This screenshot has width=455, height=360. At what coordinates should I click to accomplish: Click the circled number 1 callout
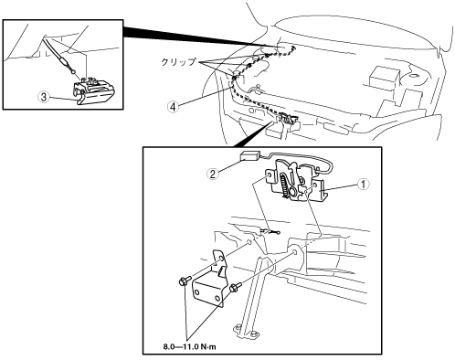click(363, 185)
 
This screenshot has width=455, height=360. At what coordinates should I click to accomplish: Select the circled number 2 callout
click(212, 174)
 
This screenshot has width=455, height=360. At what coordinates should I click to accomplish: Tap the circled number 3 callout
click(44, 97)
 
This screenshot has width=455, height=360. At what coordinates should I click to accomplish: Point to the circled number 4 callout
click(173, 107)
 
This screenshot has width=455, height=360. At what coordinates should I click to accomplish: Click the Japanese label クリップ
click(178, 62)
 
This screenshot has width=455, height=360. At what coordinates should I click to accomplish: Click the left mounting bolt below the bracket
click(185, 281)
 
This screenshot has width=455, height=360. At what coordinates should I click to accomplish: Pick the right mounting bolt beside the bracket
click(235, 287)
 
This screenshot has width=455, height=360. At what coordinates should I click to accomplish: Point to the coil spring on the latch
click(284, 184)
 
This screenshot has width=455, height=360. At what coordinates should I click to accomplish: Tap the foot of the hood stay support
click(247, 332)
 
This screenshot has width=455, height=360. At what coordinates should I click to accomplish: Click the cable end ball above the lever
click(72, 72)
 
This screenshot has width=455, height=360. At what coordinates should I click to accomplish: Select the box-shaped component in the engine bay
click(384, 79)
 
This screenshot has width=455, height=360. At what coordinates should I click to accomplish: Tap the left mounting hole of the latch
click(269, 175)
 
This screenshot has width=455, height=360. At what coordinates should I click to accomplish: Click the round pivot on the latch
click(293, 192)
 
